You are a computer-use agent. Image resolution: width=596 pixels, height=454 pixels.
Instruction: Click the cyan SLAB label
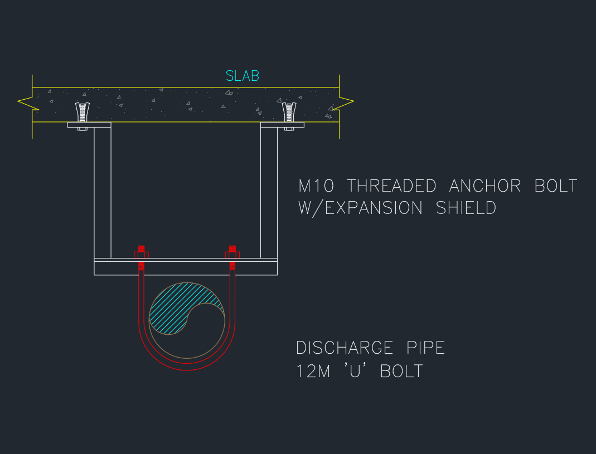point(243,76)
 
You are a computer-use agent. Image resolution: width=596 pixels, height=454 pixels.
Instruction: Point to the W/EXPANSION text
point(361,208)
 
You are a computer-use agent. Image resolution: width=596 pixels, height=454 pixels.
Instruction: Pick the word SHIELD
point(466,208)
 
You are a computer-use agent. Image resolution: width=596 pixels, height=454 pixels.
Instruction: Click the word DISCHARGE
point(344,348)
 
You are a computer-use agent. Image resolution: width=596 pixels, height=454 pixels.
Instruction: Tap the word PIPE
point(423,348)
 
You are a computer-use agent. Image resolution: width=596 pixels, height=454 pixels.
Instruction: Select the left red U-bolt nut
point(141,255)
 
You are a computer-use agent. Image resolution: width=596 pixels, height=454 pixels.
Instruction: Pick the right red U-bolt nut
point(232,255)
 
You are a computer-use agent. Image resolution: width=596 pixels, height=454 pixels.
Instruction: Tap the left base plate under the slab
point(89,125)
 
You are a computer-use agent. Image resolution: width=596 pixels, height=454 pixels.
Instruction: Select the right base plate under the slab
point(282,125)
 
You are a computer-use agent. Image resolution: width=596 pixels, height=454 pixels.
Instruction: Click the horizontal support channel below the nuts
point(186,268)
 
